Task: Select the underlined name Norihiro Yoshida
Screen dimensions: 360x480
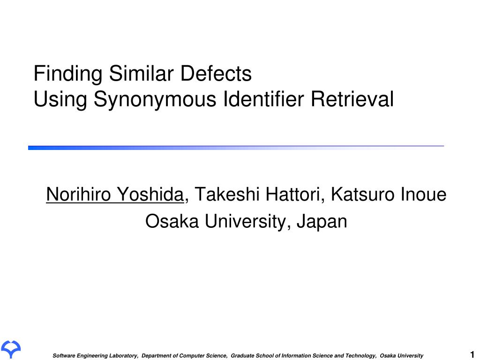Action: click(x=115, y=194)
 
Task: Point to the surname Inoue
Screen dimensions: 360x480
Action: click(x=424, y=194)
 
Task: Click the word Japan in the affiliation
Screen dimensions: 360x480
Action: click(x=323, y=221)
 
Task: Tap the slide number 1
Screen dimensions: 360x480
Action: click(x=472, y=354)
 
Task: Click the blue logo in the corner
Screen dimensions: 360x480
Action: click(x=10, y=349)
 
